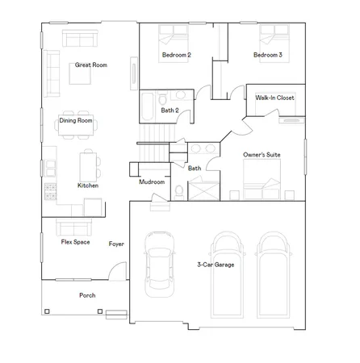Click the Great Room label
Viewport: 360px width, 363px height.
tap(90, 65)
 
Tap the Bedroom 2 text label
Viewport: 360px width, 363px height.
tap(177, 55)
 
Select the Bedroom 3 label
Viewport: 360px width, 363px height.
tap(267, 55)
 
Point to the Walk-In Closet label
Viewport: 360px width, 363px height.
tap(274, 97)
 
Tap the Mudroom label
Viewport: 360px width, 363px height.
tap(152, 182)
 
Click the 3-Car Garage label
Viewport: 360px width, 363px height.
tap(216, 264)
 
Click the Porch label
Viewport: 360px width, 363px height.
tap(87, 295)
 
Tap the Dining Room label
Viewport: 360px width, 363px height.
tap(76, 121)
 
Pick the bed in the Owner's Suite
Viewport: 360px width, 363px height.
tap(264, 178)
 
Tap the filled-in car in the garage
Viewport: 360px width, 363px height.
tap(160, 265)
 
